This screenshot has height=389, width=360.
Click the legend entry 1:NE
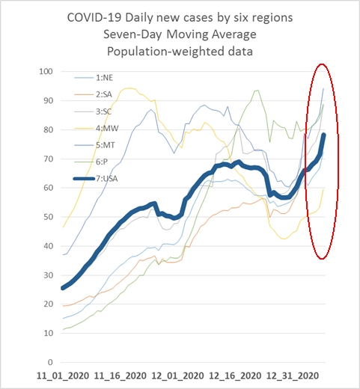[104, 78]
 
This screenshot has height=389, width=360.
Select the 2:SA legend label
[104, 94]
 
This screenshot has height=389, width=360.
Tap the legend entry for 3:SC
[104, 111]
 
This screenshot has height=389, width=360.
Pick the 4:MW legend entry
[107, 129]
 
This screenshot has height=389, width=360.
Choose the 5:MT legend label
[106, 145]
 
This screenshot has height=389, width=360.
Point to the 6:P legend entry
[102, 162]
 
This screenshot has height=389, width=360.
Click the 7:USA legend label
[107, 179]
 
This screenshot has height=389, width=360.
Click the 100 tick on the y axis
[46, 72]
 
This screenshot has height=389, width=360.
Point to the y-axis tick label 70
[49, 159]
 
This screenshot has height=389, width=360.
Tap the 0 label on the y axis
[50, 362]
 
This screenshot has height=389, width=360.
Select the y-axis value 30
[49, 275]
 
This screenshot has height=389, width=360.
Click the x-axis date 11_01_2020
[63, 376]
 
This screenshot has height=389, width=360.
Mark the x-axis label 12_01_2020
[177, 376]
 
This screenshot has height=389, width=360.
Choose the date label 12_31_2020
[293, 376]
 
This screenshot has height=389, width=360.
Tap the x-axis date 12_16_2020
[235, 376]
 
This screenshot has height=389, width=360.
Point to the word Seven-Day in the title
[132, 34]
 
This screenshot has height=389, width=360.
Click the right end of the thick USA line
[324, 135]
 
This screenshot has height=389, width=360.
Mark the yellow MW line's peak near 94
[129, 88]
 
